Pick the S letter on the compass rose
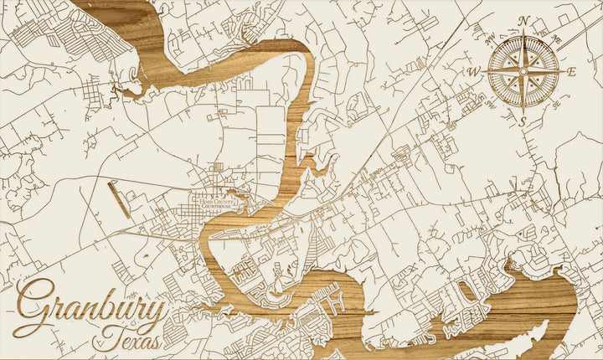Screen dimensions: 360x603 coord(523,122)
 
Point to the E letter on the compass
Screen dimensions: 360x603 coord(572,72)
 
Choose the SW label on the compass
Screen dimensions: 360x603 coord(491,105)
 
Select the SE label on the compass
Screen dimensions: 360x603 coord(557,105)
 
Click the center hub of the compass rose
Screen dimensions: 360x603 coord(523,72)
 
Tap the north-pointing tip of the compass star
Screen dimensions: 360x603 coord(523,32)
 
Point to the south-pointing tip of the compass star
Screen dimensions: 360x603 coord(523,112)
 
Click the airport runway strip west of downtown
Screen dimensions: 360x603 coord(119,200)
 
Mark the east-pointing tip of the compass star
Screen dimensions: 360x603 coord(563,72)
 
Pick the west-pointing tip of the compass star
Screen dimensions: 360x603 coord(484,72)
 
